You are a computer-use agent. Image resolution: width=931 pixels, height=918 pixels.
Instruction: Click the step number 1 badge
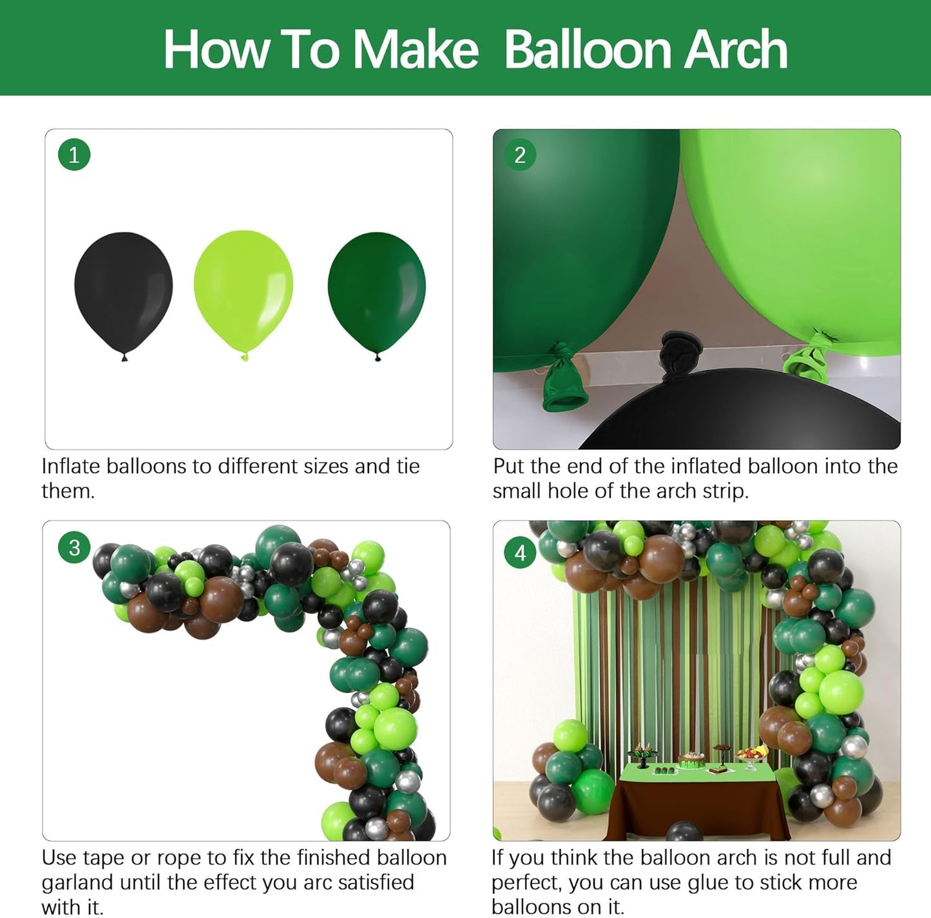click(73, 155)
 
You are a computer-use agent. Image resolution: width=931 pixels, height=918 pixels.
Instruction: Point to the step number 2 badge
click(520, 155)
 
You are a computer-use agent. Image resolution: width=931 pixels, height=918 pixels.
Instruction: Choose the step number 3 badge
click(74, 547)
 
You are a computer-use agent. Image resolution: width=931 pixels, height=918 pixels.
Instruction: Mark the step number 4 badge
click(520, 552)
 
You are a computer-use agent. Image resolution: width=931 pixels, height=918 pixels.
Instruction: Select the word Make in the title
click(415, 50)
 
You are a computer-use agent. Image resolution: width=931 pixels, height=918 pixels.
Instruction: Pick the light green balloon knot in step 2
click(808, 358)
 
